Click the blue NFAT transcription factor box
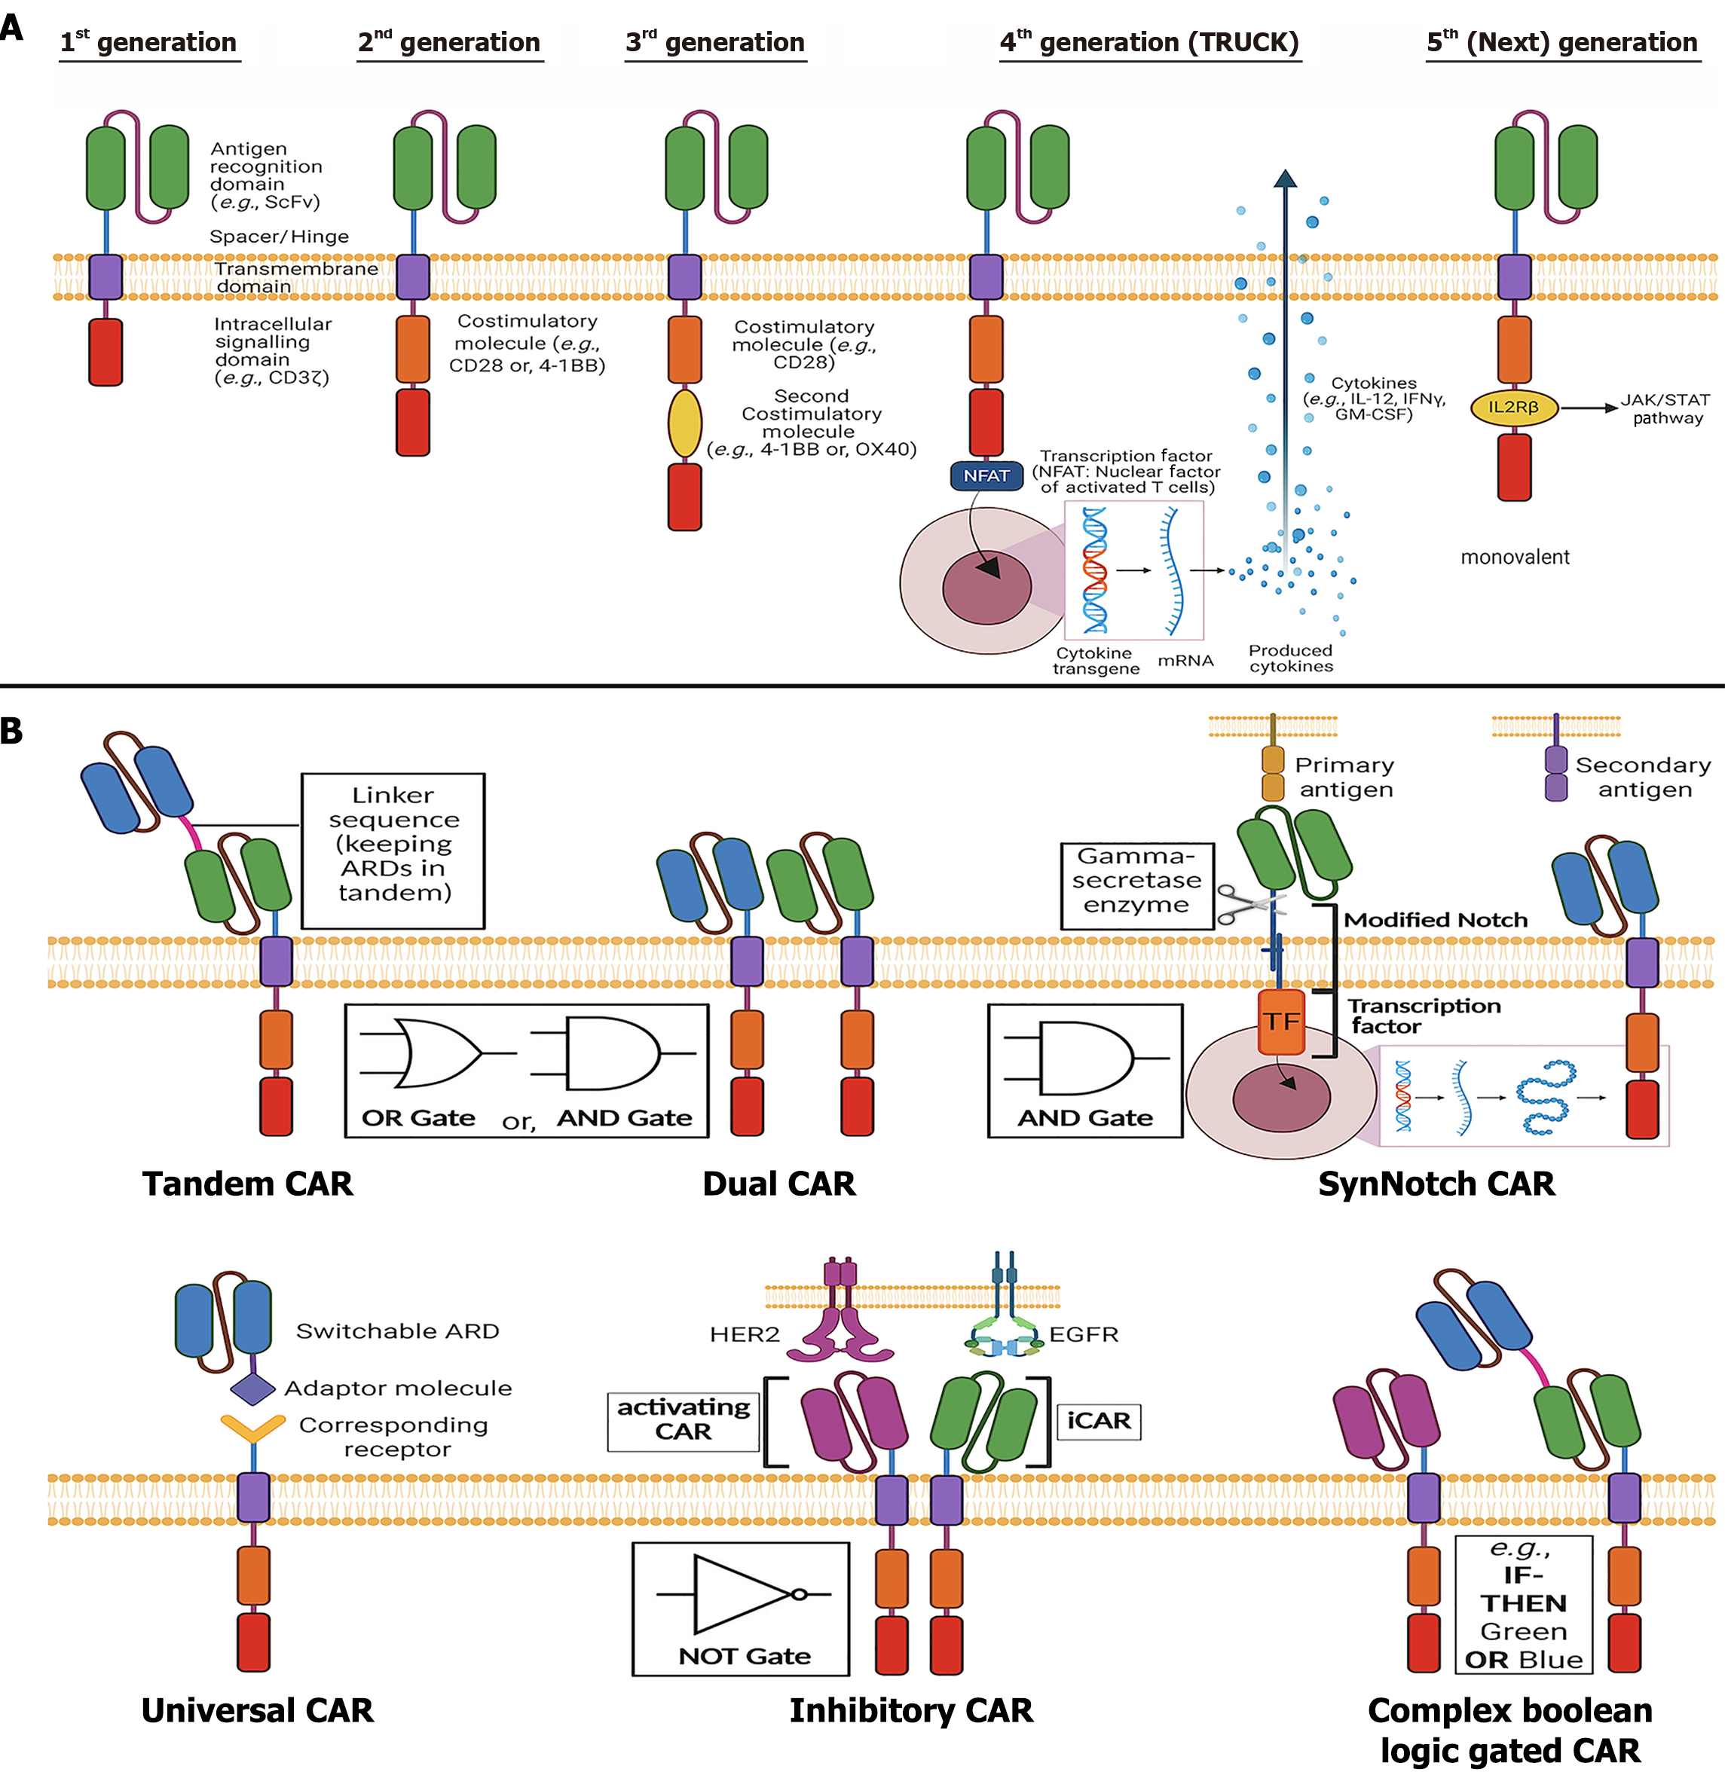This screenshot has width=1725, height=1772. pyautogui.click(x=986, y=475)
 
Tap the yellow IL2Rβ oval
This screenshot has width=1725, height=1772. pyautogui.click(x=1514, y=408)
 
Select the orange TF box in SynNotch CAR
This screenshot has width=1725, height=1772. pyautogui.click(x=1281, y=1022)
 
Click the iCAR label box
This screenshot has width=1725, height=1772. pyautogui.click(x=1098, y=1420)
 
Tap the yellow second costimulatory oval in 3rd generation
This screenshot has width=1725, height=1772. pyautogui.click(x=685, y=423)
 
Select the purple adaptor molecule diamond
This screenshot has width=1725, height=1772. pyautogui.click(x=252, y=1388)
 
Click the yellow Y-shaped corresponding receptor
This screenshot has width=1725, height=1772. pyautogui.click(x=252, y=1428)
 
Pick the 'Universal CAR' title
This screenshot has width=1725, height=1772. pyautogui.click(x=257, y=1710)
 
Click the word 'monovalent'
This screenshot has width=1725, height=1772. pyautogui.click(x=1515, y=558)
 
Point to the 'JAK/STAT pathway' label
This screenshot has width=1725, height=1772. pyautogui.click(x=1665, y=408)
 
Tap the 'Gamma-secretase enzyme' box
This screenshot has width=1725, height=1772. pyautogui.click(x=1137, y=881)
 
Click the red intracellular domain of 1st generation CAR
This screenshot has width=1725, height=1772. pyautogui.click(x=106, y=353)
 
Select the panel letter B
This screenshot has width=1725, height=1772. pyautogui.click(x=12, y=730)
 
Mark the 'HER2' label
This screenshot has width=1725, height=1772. pyautogui.click(x=745, y=1334)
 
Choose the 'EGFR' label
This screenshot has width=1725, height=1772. pyautogui.click(x=1084, y=1334)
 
